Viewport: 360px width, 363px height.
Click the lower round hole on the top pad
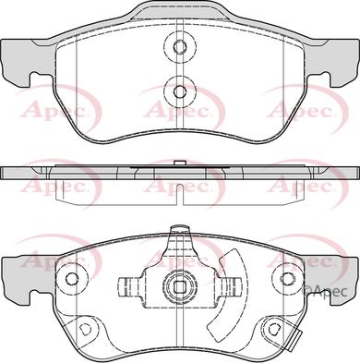179,91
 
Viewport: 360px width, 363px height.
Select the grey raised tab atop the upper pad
179,12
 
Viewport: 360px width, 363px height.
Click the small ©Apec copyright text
328,294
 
